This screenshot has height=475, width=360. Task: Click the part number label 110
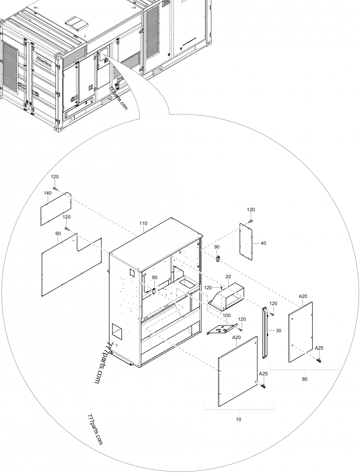(x=144, y=223)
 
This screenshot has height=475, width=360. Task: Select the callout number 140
(x=48, y=193)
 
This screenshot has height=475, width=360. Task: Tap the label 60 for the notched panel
(x=58, y=234)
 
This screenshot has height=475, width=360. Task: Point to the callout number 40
(x=263, y=243)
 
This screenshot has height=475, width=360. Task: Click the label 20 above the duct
(x=228, y=276)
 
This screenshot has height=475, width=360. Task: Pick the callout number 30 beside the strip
(x=278, y=330)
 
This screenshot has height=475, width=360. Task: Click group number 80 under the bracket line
(x=305, y=379)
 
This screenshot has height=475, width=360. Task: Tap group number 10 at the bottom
(x=238, y=419)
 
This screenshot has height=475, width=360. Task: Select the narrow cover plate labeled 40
(x=246, y=241)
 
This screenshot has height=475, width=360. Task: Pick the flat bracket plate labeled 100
(x=221, y=330)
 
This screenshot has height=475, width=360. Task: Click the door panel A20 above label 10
(x=238, y=371)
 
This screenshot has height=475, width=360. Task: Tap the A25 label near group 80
(x=319, y=348)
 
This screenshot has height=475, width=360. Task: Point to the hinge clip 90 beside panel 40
(x=217, y=258)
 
